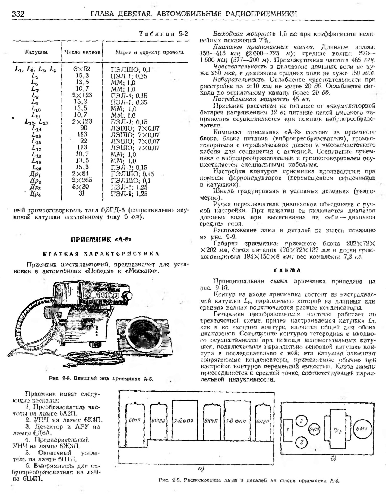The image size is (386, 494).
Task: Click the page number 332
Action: point(18,14)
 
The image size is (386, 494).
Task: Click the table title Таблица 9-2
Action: point(163,34)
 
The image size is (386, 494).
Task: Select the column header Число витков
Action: point(82,52)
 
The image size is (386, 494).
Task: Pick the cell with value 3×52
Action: point(82,69)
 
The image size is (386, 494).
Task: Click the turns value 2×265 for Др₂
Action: point(82,180)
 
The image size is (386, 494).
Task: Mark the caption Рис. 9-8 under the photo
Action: point(101,379)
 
